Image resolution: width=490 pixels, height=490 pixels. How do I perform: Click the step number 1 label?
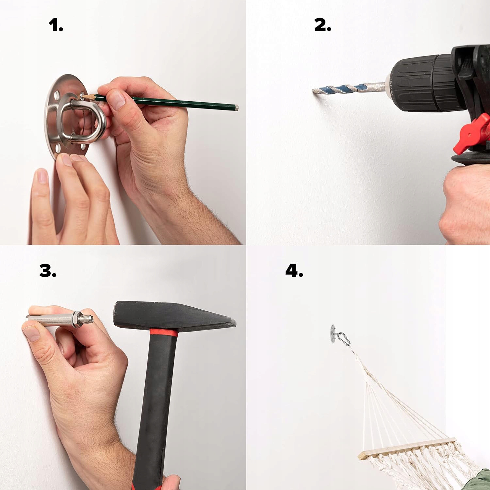[56, 25]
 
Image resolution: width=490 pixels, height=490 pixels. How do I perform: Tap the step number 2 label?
[323, 25]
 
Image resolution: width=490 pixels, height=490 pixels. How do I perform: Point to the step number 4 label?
[294, 270]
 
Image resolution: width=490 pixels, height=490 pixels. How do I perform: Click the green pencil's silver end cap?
[237, 107]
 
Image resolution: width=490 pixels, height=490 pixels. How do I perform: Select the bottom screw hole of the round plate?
[59, 149]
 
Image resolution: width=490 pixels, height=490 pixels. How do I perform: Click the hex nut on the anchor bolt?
[78, 319]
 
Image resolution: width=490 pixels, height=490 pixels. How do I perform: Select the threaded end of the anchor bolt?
[89, 318]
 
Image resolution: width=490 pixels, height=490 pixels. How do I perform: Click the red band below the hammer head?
[164, 333]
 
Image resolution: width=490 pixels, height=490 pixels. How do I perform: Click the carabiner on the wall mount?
[344, 339]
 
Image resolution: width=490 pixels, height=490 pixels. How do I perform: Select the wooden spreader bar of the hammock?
[407, 449]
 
